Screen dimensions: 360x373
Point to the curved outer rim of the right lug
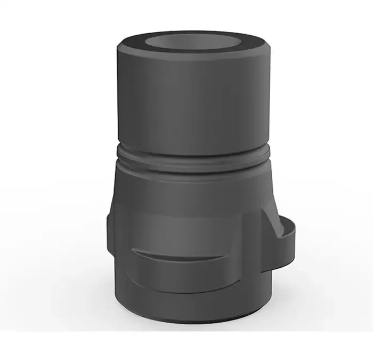295,243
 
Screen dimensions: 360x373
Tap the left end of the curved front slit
133,249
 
